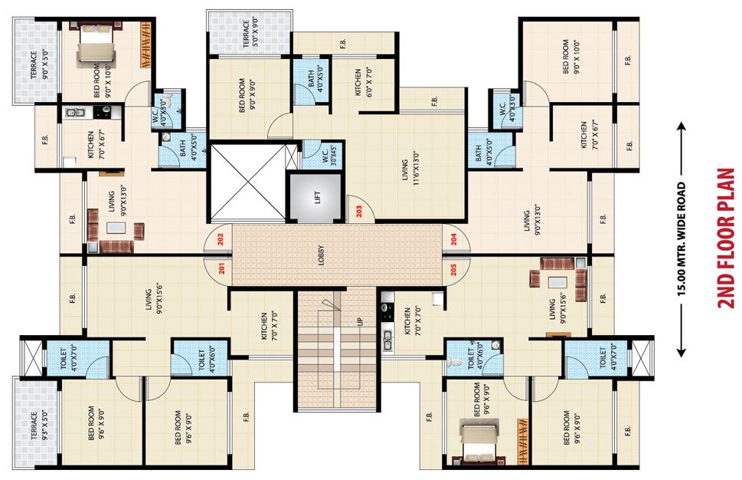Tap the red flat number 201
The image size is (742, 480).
click(220, 268)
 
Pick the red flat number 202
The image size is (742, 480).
click(220, 239)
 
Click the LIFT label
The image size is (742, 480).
click(316, 196)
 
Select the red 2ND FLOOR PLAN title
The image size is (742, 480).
click(725, 238)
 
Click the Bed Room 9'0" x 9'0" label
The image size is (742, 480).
click(246, 96)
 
